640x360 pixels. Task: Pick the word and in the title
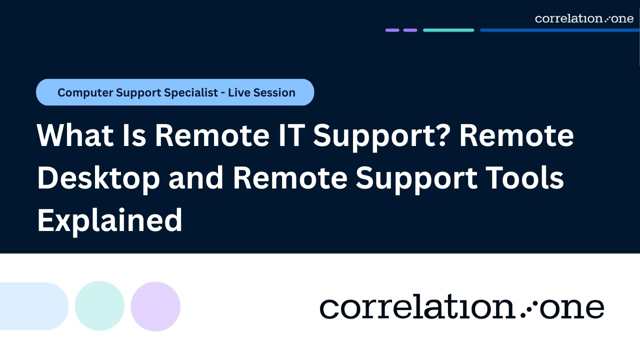pos(196,178)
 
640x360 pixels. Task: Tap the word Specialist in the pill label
pos(190,92)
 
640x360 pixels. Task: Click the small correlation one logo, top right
pos(584,18)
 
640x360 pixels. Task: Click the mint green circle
pos(99,306)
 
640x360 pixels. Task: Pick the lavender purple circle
pos(155,306)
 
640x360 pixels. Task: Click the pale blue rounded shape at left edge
pos(33,306)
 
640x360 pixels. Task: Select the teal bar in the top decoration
pos(448,30)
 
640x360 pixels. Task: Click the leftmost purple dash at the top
pos(392,30)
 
